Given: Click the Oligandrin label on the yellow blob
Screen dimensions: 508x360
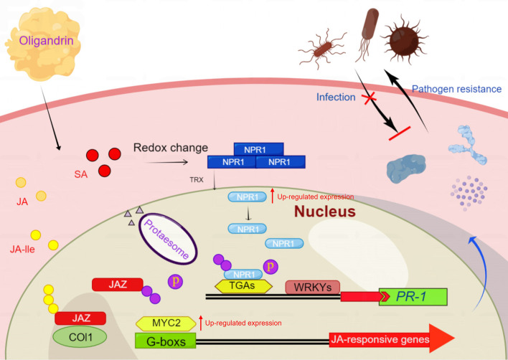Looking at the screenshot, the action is pyautogui.click(x=46, y=41).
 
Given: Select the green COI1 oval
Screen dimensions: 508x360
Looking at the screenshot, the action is pyautogui.click(x=80, y=337).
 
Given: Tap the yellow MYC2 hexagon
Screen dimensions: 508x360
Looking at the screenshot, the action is pyautogui.click(x=166, y=323).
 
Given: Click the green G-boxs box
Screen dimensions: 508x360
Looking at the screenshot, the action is pyautogui.click(x=166, y=341).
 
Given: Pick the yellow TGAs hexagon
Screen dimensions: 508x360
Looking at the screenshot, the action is pyautogui.click(x=244, y=287).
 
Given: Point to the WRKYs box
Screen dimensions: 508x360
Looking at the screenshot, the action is pyautogui.click(x=313, y=287).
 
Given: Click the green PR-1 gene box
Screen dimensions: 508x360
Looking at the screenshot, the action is pyautogui.click(x=413, y=297).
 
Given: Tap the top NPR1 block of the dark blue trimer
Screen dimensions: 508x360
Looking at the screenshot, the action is pyautogui.click(x=258, y=149).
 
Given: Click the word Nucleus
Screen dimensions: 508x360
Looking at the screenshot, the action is pyautogui.click(x=325, y=212).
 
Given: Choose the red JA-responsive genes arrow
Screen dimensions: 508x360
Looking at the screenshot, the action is pyautogui.click(x=392, y=339).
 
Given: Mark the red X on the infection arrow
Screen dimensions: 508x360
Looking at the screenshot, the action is pyautogui.click(x=368, y=98).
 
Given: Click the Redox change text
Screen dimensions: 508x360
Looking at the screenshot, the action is pyautogui.click(x=171, y=148).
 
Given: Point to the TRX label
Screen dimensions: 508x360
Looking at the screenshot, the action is pyautogui.click(x=197, y=180).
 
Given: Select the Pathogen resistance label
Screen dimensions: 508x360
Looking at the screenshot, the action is pyautogui.click(x=456, y=89).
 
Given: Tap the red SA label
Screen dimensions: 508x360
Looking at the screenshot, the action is pyautogui.click(x=80, y=174).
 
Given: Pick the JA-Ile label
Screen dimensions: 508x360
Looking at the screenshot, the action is pyautogui.click(x=22, y=250).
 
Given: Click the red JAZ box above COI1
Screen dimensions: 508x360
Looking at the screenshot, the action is pyautogui.click(x=80, y=318).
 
